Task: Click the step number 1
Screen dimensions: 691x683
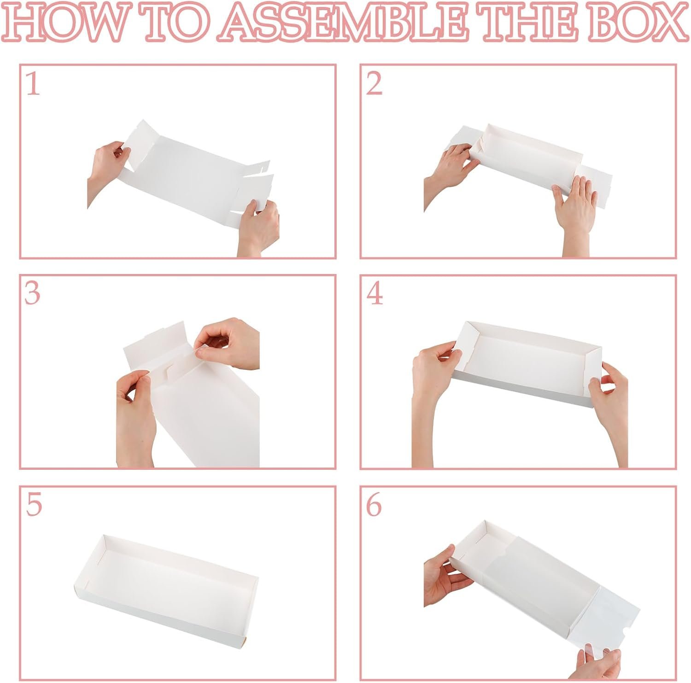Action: tap(33, 84)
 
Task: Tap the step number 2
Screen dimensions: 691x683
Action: tap(374, 84)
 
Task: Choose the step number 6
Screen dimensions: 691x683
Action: tap(374, 505)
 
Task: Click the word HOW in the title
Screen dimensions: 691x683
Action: tap(64, 23)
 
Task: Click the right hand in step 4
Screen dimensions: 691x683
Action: tap(610, 414)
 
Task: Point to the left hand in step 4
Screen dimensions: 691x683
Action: tap(433, 396)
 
